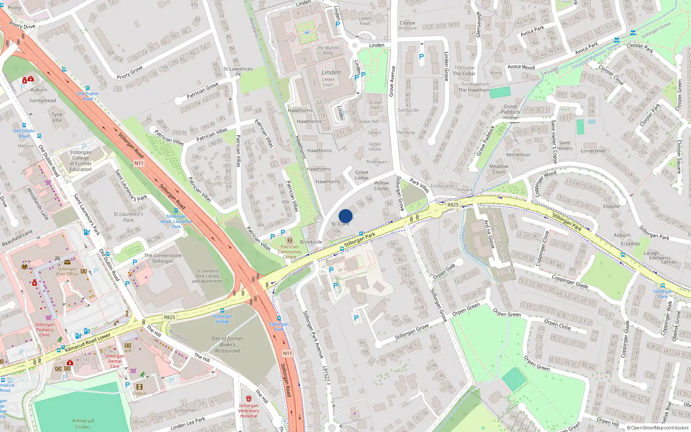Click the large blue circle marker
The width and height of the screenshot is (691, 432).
[x=345, y=216]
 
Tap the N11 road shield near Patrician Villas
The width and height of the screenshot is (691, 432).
[x=139, y=163]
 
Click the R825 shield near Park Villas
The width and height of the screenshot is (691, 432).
[x=453, y=205]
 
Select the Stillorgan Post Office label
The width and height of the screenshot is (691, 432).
[x=67, y=271]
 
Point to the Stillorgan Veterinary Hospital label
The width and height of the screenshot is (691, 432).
[x=249, y=411]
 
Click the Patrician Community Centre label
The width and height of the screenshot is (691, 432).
[x=289, y=252]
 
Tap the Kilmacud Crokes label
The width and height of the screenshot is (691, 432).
[x=83, y=424]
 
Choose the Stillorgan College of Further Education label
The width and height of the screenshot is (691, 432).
[x=81, y=161]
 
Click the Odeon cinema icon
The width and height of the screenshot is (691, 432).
[x=139, y=387]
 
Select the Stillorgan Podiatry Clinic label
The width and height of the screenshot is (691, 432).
[x=44, y=330]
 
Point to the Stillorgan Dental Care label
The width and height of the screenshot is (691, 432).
[x=114, y=361]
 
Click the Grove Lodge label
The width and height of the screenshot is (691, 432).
[x=361, y=175]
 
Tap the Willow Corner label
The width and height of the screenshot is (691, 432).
[x=381, y=186]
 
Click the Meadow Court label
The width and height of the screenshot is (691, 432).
[x=499, y=169]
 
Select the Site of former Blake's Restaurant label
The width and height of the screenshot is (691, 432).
[x=228, y=345]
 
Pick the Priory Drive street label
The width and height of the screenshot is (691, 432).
[x=22, y=26]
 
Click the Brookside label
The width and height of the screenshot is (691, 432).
[x=311, y=242]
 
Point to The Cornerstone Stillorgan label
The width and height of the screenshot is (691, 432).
[x=163, y=258]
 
